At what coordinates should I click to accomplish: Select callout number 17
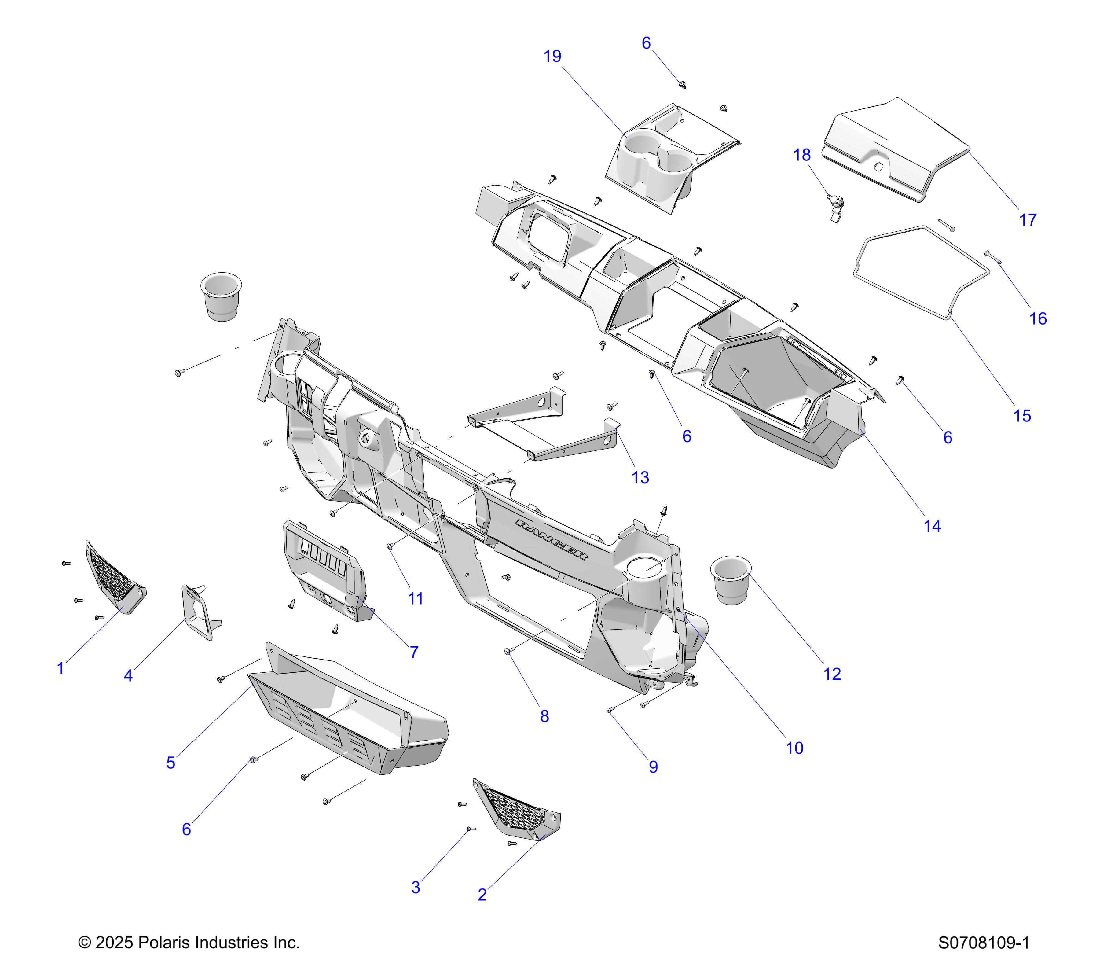click(x=1028, y=220)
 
